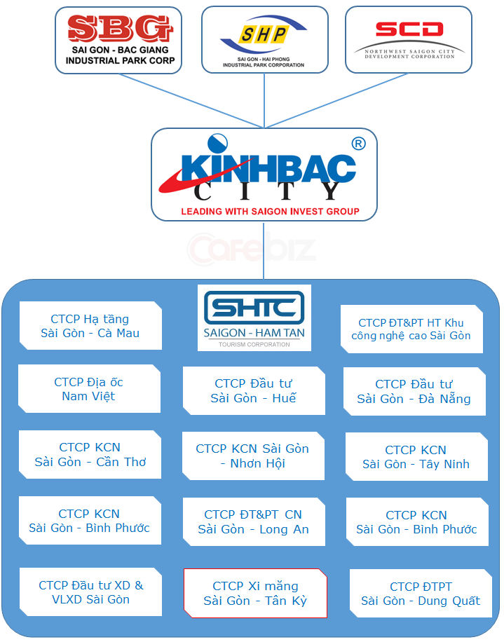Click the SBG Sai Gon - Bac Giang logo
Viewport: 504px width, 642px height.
pos(118,39)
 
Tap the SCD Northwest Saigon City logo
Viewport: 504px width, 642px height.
pos(409,39)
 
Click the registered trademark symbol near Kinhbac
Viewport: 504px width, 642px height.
pos(357,144)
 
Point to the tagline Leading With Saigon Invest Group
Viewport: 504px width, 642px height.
pos(270,211)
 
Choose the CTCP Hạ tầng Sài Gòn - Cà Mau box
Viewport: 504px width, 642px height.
pos(90,326)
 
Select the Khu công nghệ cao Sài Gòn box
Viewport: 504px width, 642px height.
pos(411,329)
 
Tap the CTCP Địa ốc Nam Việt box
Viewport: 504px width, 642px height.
pos(88,389)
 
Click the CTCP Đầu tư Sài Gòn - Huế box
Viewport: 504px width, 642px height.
pos(253,391)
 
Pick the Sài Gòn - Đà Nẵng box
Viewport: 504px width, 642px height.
pos(414,392)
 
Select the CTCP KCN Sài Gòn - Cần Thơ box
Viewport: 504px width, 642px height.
pos(90,454)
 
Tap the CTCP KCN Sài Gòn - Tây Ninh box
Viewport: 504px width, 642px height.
pos(416,457)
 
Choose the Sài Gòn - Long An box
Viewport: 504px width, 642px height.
pos(253,522)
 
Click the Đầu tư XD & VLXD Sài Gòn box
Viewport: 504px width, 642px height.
pos(90,592)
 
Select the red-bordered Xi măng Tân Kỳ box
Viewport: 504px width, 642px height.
pos(255,593)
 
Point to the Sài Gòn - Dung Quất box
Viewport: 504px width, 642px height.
pos(421,594)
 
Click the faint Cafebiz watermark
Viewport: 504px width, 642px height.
pos(250,248)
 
